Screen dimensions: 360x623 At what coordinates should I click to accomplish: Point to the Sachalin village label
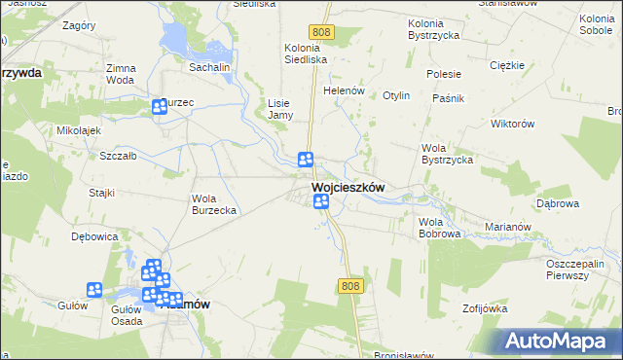(x=209, y=67)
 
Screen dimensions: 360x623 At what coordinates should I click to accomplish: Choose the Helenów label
(x=344, y=91)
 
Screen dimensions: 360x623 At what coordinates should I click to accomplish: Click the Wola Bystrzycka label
(x=447, y=154)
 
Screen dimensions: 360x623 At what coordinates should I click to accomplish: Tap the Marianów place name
(x=509, y=228)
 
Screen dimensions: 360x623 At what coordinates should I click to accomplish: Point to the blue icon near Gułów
(x=94, y=289)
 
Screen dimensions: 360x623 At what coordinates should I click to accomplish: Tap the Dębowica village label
(x=94, y=236)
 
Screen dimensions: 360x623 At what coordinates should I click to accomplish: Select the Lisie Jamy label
(x=280, y=108)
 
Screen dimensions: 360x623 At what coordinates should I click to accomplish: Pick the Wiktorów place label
(x=515, y=125)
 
